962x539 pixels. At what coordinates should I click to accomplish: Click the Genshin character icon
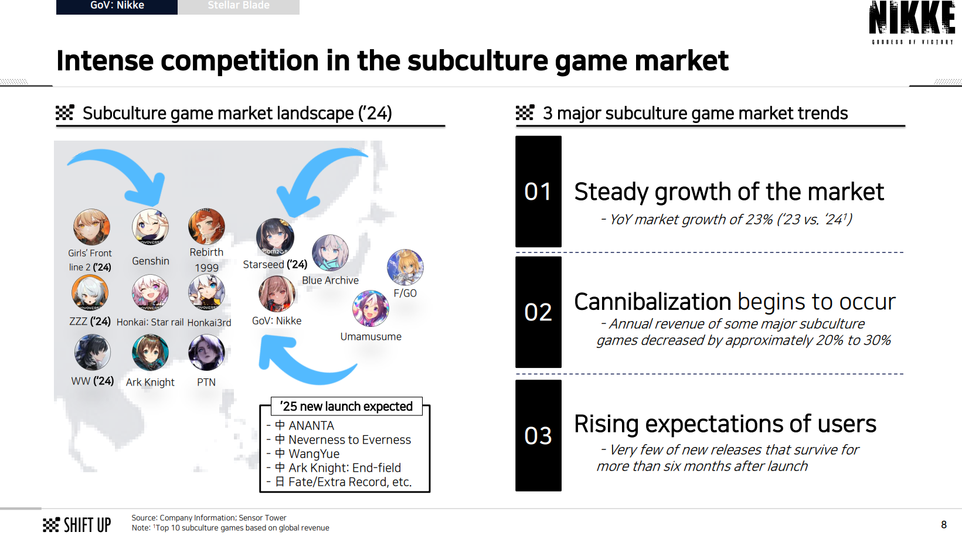(x=150, y=227)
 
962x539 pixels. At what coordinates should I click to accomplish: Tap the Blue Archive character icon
(x=330, y=253)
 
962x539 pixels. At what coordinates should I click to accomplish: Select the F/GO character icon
(x=405, y=267)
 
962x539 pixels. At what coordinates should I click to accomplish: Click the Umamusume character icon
(x=370, y=308)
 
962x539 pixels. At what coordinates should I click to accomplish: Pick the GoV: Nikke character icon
(x=277, y=294)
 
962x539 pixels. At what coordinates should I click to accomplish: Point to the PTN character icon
(x=206, y=352)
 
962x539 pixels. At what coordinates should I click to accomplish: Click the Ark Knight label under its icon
(x=150, y=383)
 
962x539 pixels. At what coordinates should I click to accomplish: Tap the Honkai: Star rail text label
(x=150, y=322)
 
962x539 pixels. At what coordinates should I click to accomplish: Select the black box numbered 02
(x=538, y=312)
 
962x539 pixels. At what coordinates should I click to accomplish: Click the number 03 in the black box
(x=538, y=435)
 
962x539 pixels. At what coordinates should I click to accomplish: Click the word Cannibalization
(x=652, y=302)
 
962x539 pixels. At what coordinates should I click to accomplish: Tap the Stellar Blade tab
(x=239, y=6)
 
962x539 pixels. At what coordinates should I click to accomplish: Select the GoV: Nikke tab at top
(x=117, y=6)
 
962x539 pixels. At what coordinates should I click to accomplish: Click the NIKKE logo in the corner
(x=912, y=22)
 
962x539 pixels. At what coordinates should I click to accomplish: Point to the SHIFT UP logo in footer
(x=77, y=525)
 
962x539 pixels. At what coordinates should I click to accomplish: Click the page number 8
(x=943, y=524)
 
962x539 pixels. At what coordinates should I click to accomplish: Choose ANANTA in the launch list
(x=311, y=426)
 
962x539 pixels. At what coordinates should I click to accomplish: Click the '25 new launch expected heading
(x=346, y=406)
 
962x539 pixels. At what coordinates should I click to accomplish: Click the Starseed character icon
(x=275, y=237)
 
